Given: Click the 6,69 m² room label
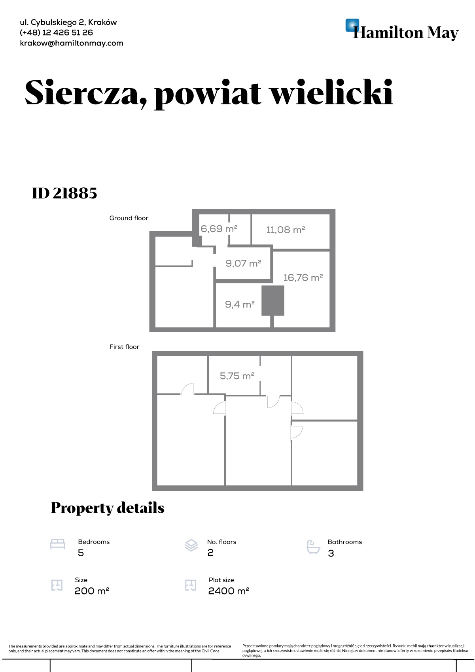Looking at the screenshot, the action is [x=219, y=229].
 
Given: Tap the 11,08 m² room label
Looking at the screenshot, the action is [x=286, y=230].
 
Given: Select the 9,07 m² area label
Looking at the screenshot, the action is [x=243, y=263].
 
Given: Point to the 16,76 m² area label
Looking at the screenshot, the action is [x=303, y=277].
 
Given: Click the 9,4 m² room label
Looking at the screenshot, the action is [x=240, y=304].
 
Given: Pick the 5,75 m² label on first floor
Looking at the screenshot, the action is [x=237, y=376].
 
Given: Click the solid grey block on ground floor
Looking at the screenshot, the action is [x=273, y=300].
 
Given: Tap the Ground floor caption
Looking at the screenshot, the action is [x=129, y=218].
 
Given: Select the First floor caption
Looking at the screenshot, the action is [x=124, y=347].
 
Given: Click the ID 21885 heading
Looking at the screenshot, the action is [x=64, y=193].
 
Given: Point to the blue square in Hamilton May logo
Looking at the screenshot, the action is [x=352, y=25].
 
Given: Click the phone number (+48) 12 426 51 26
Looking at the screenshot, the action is [x=57, y=33].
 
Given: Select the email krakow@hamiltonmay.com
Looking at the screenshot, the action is [x=72, y=43].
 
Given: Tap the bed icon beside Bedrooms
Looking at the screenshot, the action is [x=58, y=544].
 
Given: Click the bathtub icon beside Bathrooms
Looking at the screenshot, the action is [x=313, y=547].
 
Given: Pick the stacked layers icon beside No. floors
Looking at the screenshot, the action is [x=191, y=545].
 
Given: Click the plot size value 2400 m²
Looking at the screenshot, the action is [x=229, y=591].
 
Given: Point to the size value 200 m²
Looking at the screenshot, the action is [x=92, y=591].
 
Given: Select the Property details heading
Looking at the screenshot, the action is [x=108, y=508].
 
